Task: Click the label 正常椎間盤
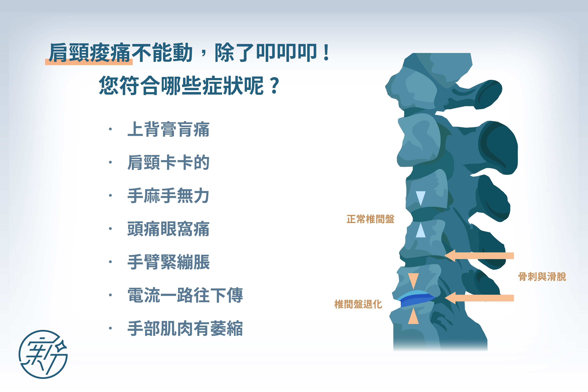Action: pos(370,219)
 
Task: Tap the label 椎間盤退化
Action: pos(358,304)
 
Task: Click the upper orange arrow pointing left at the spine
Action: pos(479,256)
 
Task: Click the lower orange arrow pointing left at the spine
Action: pos(479,298)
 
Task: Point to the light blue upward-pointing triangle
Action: pos(421,230)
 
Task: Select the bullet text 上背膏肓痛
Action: pos(168,129)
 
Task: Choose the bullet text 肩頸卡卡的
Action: pos(168,162)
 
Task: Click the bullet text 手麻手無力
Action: pos(168,196)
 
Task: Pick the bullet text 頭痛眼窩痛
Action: pos(168,229)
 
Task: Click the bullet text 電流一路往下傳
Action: pos(185,295)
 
